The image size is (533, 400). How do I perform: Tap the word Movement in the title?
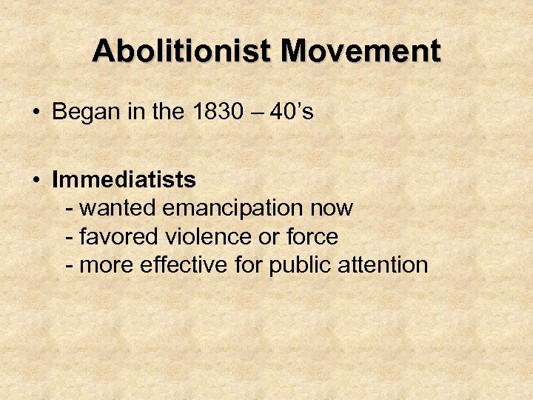[x=361, y=52]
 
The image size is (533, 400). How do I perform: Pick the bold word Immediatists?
[x=124, y=179]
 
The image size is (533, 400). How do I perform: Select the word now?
[x=334, y=208]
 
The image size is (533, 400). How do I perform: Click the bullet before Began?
[x=36, y=113]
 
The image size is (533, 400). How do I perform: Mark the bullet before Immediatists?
[x=36, y=180]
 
